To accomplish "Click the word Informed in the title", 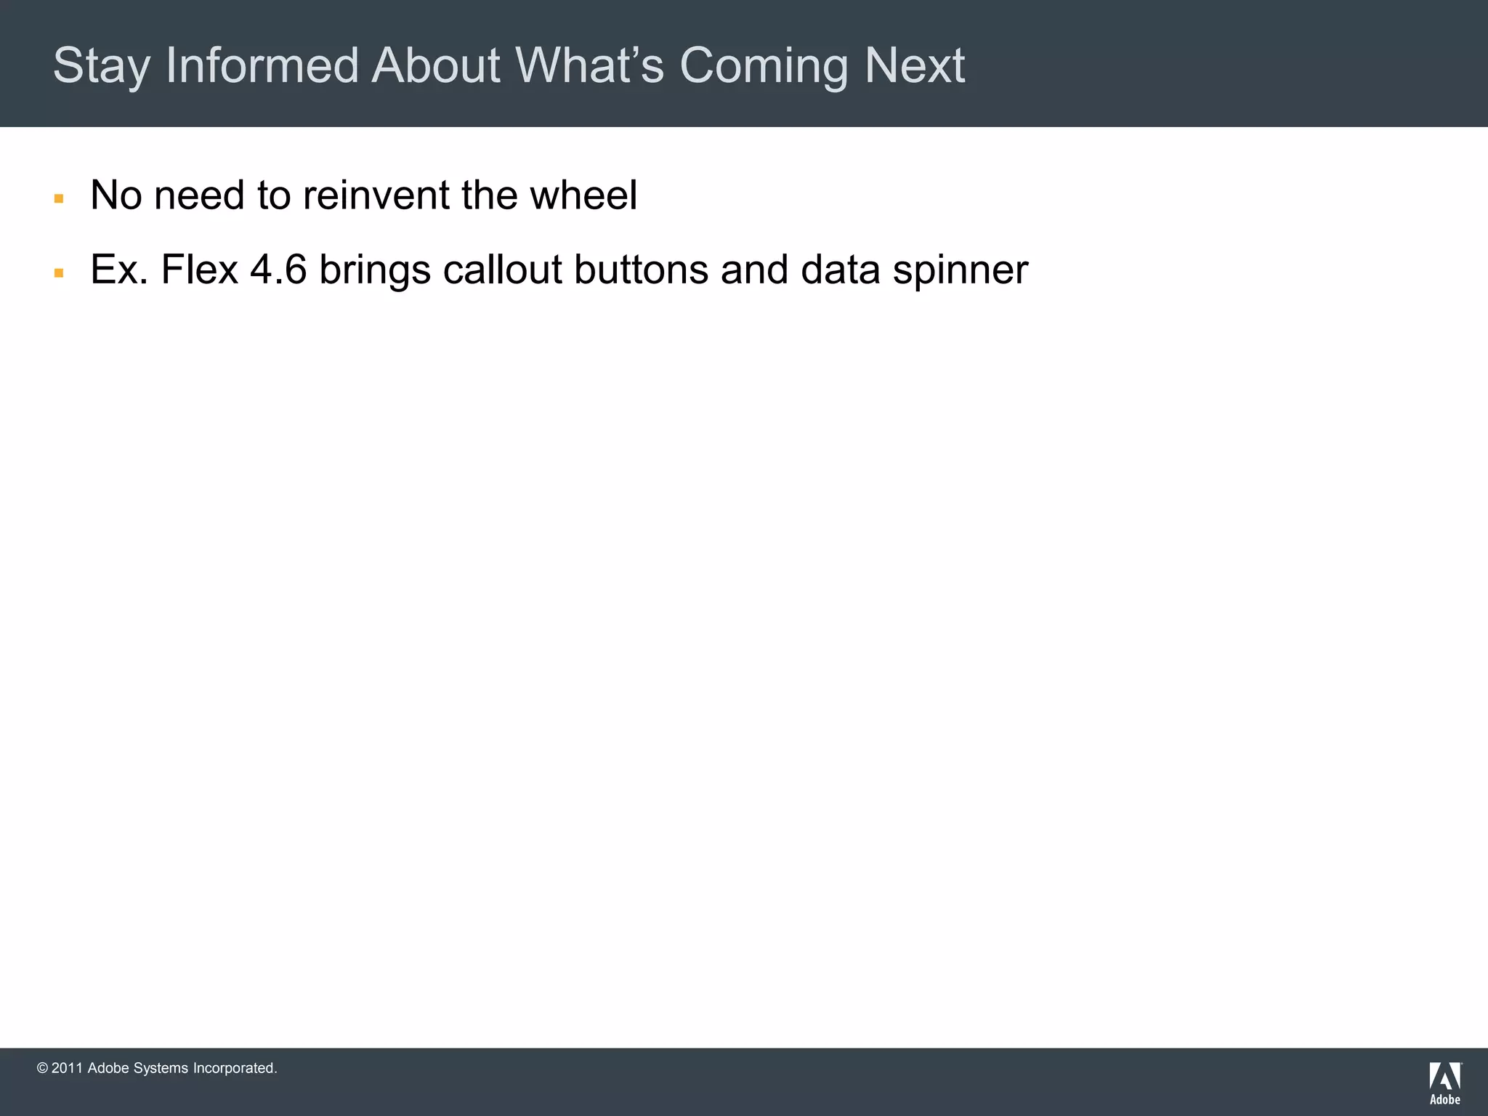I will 262,65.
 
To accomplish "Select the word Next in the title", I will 915,65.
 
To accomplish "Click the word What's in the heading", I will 589,65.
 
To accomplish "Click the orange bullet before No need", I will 59,198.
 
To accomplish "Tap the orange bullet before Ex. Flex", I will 59,273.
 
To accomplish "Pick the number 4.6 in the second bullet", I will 278,270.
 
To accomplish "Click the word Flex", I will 200,270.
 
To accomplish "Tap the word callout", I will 502,270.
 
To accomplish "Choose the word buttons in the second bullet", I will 641,270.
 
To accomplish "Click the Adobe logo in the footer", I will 1445,1083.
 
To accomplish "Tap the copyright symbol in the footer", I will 42,1068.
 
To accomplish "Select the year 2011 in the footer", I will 67,1068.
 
